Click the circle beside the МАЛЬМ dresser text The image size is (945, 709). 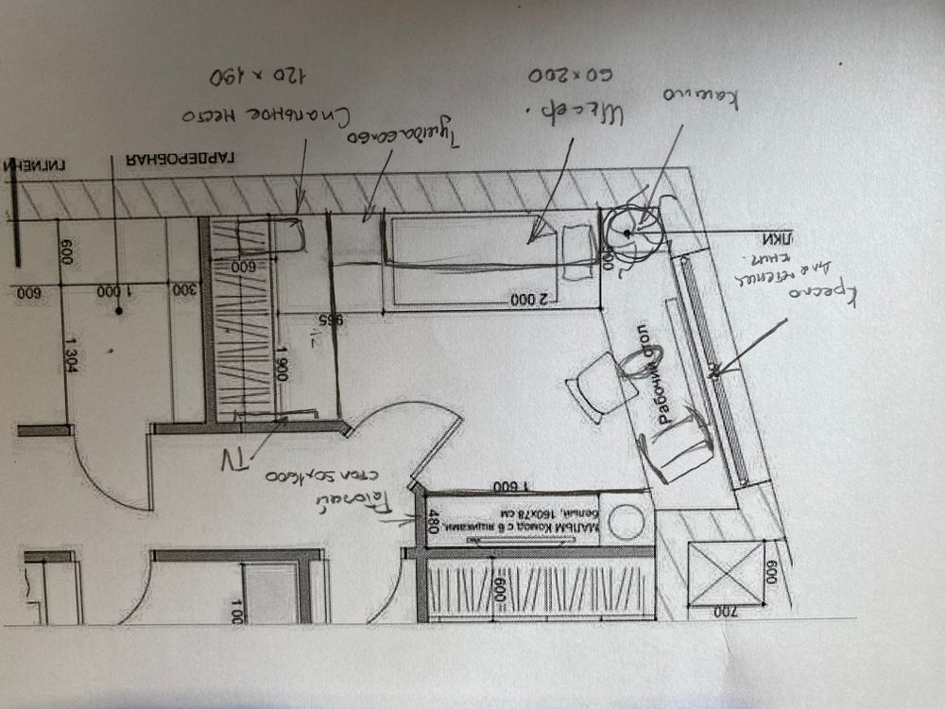pyautogui.click(x=625, y=521)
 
